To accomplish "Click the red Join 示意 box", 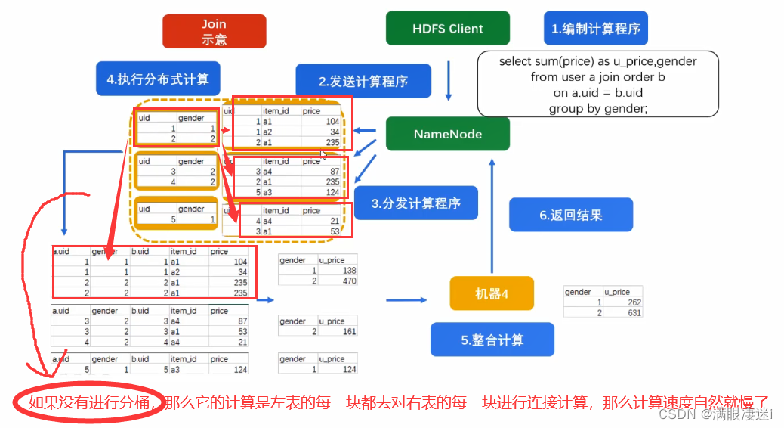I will click(214, 32).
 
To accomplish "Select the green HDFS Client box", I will click(448, 29).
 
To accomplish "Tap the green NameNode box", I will click(448, 134).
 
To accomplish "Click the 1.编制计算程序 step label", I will click(596, 29).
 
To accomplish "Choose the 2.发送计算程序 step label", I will click(363, 81).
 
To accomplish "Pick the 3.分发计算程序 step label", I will click(415, 203).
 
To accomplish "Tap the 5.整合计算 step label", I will click(492, 340).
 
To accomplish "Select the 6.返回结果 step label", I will click(570, 215).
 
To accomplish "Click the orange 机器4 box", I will click(492, 293).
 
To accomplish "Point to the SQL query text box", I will click(597, 84).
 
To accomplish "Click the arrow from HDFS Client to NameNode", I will click(449, 80).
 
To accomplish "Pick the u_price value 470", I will click(347, 281).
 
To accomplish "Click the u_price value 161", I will click(347, 331).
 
